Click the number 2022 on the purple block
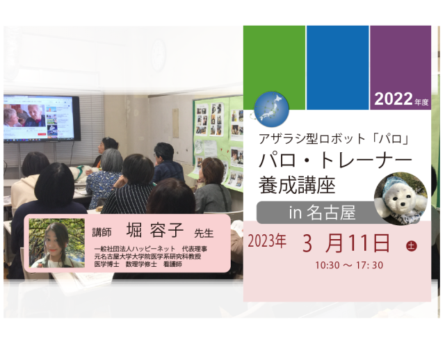point(393,99)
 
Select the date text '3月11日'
point(346,243)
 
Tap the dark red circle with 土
point(411,245)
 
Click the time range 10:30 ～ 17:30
point(348,265)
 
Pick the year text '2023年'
point(267,243)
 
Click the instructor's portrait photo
point(57,243)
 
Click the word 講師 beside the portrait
point(102,232)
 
